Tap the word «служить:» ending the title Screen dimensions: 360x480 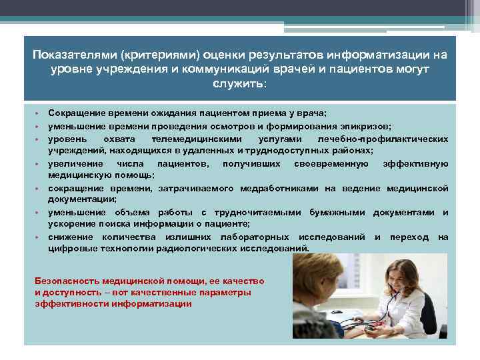239,85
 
